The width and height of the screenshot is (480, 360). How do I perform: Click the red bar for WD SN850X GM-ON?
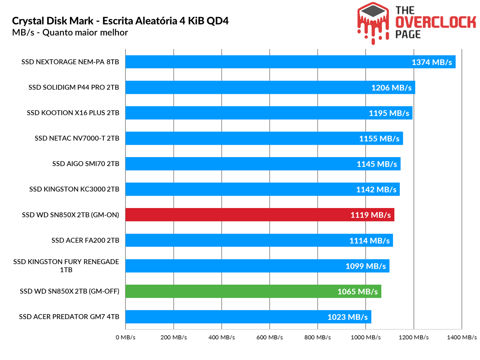259,215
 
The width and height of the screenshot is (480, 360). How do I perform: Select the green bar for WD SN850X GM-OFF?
253,291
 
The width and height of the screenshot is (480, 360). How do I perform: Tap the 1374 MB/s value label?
431,62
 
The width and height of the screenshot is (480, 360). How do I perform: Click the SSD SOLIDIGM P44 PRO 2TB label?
74,88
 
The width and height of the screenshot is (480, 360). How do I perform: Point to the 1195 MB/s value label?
389,113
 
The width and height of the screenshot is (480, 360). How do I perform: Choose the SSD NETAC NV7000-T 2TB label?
77,138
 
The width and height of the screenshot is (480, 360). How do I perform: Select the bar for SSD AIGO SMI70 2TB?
263,164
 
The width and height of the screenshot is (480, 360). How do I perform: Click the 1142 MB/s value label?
376,190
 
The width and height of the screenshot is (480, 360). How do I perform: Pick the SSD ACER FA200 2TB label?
85,240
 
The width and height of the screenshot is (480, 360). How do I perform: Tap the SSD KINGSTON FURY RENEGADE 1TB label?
66,266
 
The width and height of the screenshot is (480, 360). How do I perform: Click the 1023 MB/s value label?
347,317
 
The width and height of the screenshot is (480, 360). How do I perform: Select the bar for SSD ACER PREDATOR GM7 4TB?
248,317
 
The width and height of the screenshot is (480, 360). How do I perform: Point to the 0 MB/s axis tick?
126,338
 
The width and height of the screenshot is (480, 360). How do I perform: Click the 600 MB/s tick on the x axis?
269,338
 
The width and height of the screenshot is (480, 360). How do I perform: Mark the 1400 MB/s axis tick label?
462,338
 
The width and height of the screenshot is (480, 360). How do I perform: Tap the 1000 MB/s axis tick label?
365,338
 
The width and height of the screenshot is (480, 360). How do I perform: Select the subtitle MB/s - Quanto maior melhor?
70,32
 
